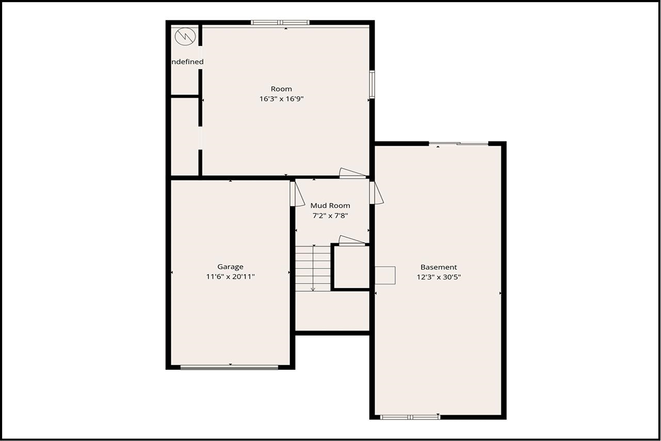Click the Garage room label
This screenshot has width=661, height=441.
230,267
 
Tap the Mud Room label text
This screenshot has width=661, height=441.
330,206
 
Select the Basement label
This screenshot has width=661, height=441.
439,267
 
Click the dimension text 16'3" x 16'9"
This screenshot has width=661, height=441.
281,99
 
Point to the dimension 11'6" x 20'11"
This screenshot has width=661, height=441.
230,277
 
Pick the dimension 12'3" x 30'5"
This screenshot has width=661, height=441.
439,277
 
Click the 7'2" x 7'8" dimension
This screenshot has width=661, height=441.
330,215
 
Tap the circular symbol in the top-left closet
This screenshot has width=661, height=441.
184,37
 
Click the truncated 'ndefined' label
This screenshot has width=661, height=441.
187,62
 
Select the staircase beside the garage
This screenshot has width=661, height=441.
313,268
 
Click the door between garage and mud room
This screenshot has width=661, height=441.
297,194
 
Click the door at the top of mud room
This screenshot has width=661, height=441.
352,174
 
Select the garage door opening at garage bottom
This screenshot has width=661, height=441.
230,367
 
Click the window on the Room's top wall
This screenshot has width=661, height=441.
280,23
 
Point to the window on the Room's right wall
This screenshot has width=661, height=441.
372,84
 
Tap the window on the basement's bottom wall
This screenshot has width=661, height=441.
410,417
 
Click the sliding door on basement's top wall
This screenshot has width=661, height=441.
459,144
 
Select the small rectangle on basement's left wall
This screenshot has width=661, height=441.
385,275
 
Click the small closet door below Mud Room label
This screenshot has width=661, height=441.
352,241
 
